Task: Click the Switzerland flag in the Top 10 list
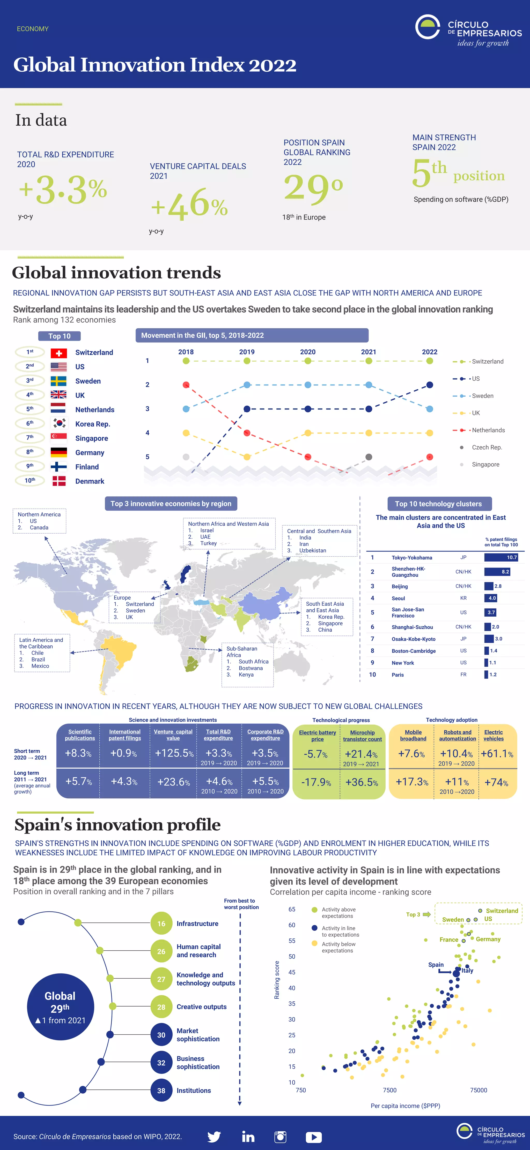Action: (x=58, y=353)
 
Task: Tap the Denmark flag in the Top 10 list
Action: (x=58, y=481)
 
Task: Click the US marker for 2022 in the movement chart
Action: (x=429, y=385)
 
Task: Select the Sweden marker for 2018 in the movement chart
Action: (x=186, y=409)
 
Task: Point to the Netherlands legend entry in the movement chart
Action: (x=488, y=430)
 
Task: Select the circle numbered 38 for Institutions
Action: (x=161, y=1091)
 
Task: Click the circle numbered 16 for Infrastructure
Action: (x=161, y=924)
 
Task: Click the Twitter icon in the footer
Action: (x=214, y=1137)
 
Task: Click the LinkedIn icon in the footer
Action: (x=248, y=1137)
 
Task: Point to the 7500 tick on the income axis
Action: (x=390, y=1090)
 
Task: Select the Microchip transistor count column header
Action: (x=362, y=736)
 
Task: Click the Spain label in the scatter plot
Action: (x=436, y=965)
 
